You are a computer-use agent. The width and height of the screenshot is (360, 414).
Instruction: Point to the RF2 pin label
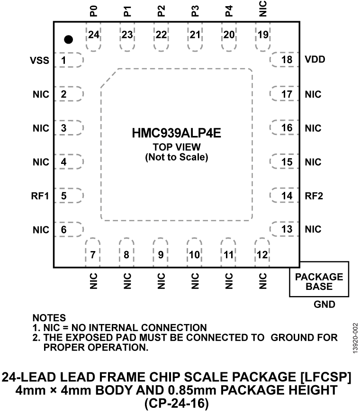314,196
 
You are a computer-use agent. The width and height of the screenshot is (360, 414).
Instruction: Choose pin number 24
94,35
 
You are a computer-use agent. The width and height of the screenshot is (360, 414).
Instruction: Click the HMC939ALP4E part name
176,134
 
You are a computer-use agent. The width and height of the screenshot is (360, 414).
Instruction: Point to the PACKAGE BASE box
319,281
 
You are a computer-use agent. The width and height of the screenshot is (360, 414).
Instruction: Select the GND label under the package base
324,305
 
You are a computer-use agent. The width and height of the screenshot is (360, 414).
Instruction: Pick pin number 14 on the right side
286,196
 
